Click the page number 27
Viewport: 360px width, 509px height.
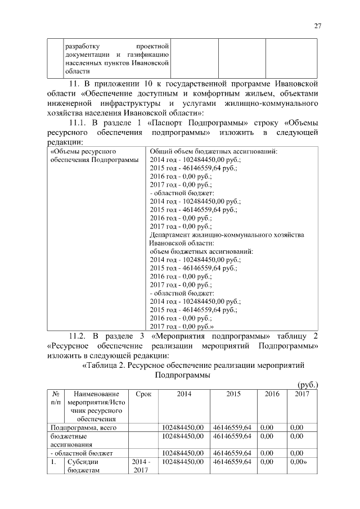click(317, 26)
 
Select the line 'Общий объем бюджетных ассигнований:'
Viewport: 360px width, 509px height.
click(213, 151)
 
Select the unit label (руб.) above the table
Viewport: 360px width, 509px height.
click(307, 385)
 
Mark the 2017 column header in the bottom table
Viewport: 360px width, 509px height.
click(302, 395)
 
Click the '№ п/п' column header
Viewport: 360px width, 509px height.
click(56, 399)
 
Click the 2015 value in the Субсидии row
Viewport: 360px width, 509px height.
click(232, 461)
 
